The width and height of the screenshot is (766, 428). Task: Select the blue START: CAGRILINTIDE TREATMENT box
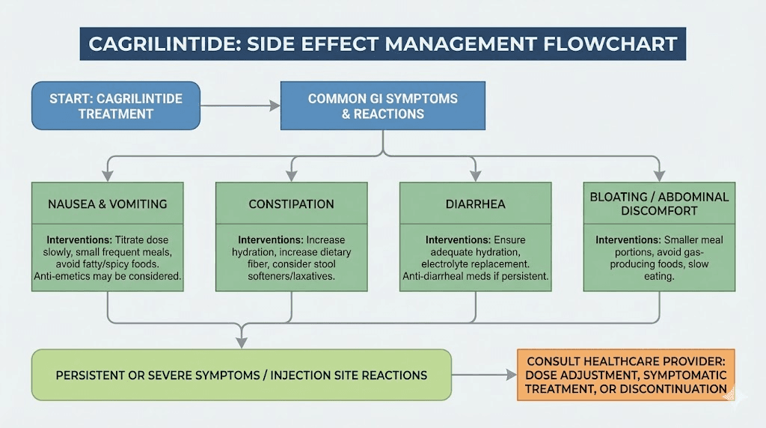click(x=116, y=106)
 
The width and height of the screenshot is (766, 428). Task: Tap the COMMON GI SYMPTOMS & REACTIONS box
click(x=382, y=106)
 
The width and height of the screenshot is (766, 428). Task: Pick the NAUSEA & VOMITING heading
click(x=108, y=204)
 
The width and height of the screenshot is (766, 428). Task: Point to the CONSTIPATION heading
click(x=291, y=204)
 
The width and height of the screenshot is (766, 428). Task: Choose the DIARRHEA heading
click(x=475, y=204)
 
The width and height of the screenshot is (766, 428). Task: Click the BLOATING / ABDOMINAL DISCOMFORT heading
click(x=658, y=204)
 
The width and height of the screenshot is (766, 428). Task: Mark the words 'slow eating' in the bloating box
click(x=658, y=270)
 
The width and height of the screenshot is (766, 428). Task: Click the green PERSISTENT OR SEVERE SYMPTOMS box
click(x=241, y=374)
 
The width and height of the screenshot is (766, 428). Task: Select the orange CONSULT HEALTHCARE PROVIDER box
click(x=625, y=374)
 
